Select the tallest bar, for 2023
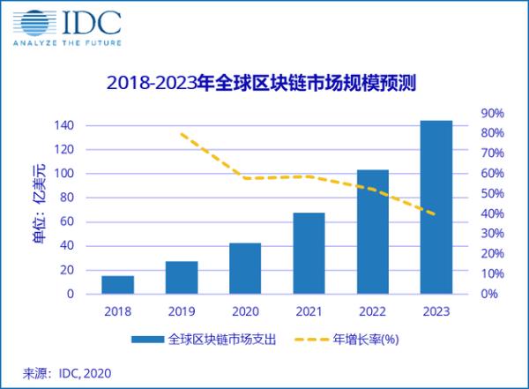pos(436,206)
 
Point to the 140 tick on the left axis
pos(63,125)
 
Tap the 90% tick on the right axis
pos(491,113)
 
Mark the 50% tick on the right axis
pos(491,193)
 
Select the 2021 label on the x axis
pos(309,311)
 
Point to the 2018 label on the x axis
pos(117,311)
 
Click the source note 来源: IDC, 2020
pos(68,372)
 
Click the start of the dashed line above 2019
pos(181,134)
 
